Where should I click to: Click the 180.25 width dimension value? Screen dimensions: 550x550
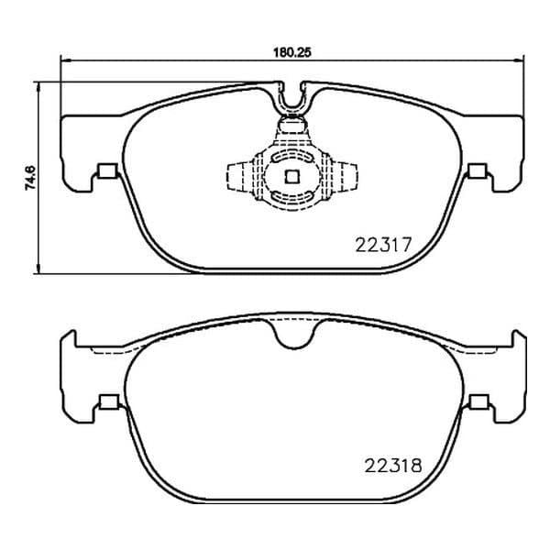pyautogui.click(x=292, y=52)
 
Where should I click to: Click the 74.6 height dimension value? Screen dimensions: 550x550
pyautogui.click(x=30, y=178)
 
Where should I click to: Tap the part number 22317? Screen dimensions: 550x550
pyautogui.click(x=382, y=245)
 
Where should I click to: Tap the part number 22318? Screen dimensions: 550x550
pyautogui.click(x=393, y=466)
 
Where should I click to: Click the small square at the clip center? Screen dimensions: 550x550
pyautogui.click(x=291, y=176)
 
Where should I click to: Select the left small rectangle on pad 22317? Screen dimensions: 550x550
pyautogui.click(x=107, y=170)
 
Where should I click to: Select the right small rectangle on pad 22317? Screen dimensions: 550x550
pyautogui.click(x=477, y=170)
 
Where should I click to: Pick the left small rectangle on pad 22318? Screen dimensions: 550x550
pyautogui.click(x=109, y=402)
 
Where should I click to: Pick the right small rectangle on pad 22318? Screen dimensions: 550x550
pyautogui.click(x=479, y=402)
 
